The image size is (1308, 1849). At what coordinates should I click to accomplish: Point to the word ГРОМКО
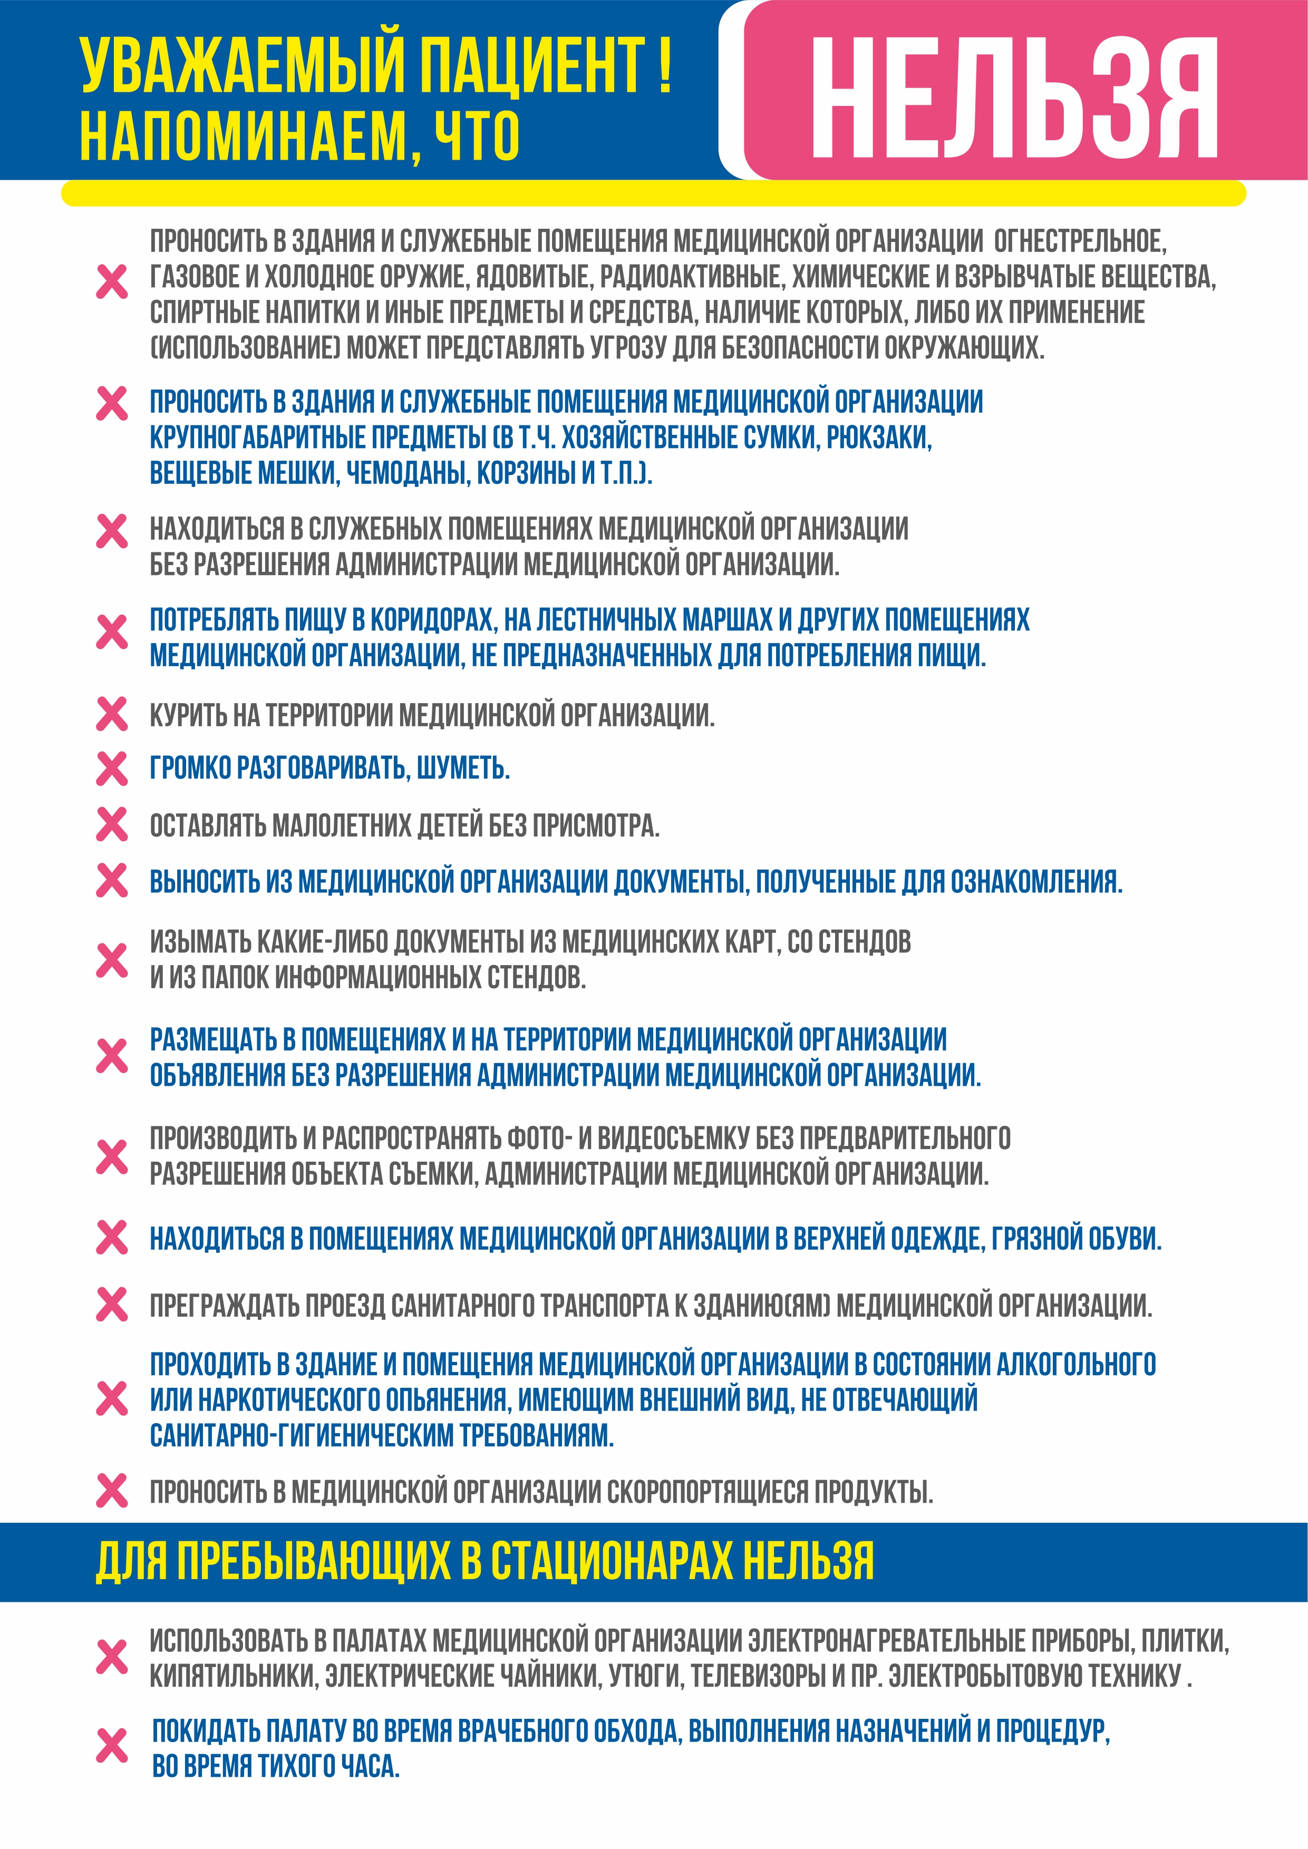click(x=190, y=768)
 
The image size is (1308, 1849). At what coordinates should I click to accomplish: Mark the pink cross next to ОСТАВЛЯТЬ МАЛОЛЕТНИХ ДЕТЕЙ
click(x=112, y=825)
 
